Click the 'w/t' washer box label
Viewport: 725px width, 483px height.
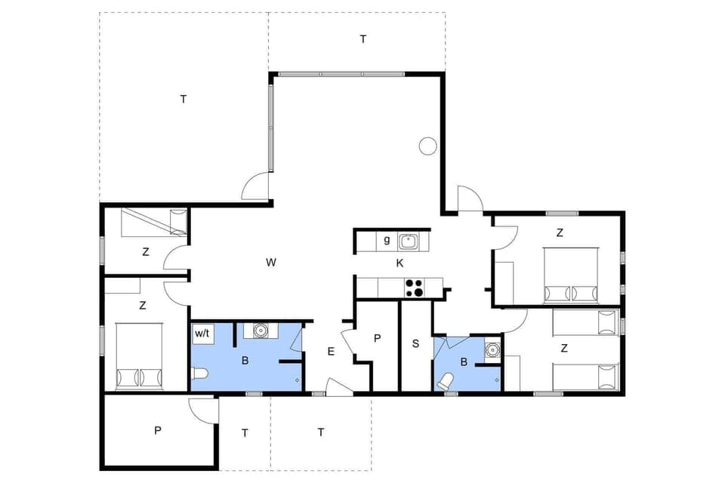[202, 333]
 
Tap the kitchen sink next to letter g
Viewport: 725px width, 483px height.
[409, 241]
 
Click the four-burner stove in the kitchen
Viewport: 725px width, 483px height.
[414, 288]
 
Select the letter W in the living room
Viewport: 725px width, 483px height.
[271, 263]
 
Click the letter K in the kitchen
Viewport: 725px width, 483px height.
[400, 263]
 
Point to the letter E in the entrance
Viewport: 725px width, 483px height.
[331, 351]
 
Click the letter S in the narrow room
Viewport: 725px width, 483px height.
[415, 343]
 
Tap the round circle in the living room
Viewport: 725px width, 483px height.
[428, 146]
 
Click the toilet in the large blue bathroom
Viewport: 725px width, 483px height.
[199, 373]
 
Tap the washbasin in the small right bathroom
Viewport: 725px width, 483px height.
[493, 349]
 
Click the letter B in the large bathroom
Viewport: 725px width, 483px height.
[245, 361]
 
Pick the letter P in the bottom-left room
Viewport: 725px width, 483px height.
[157, 431]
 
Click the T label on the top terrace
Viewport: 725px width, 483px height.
[362, 39]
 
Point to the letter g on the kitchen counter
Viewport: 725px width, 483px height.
[387, 241]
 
